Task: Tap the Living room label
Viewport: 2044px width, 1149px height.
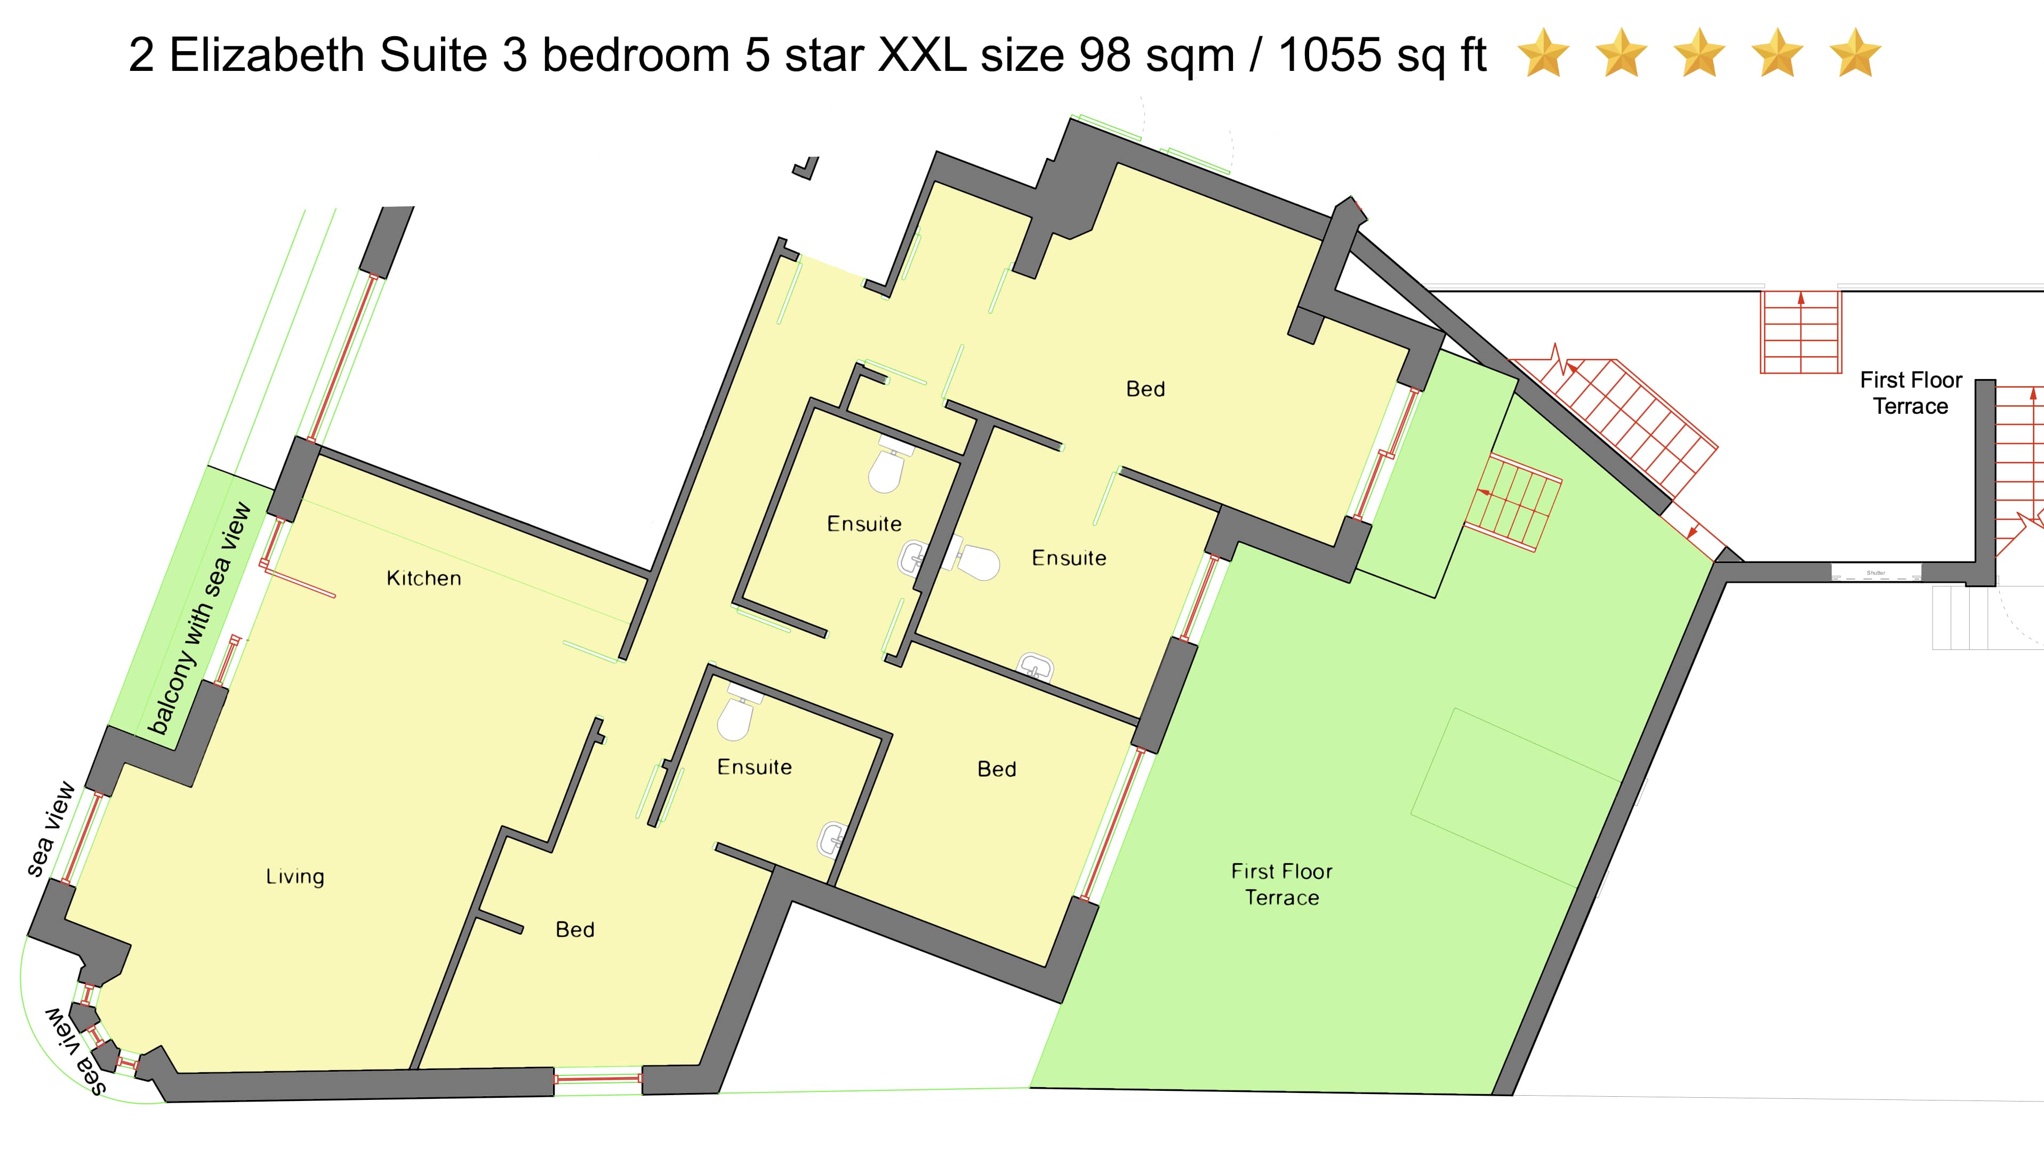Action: (x=295, y=877)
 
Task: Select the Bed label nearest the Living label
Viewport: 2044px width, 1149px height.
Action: (x=575, y=929)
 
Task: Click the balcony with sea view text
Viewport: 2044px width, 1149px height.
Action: (x=200, y=619)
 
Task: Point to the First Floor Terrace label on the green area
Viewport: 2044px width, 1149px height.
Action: (x=1281, y=884)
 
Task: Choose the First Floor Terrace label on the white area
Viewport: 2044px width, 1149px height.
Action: (x=1911, y=393)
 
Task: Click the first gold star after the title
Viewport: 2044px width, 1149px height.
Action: (x=1543, y=53)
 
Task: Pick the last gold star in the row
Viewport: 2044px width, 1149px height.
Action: (x=1855, y=53)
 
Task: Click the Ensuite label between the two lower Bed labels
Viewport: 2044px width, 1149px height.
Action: (x=755, y=767)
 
